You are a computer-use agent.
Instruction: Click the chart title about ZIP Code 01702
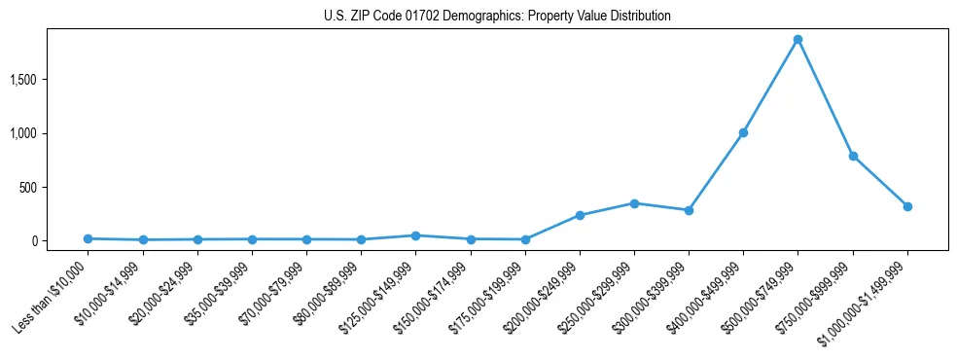click(x=497, y=17)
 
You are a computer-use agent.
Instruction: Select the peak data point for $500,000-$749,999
click(x=797, y=40)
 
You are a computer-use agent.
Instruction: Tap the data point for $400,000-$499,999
click(x=743, y=132)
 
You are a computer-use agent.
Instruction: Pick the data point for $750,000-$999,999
click(x=853, y=156)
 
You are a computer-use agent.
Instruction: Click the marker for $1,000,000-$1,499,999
click(x=907, y=206)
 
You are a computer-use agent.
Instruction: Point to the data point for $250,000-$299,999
click(x=634, y=203)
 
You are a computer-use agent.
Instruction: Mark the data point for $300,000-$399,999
click(x=689, y=210)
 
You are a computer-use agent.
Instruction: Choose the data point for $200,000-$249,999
click(x=580, y=215)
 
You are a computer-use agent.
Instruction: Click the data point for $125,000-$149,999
click(x=415, y=235)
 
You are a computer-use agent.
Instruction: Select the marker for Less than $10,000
click(x=88, y=238)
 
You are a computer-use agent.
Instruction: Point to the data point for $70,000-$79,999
click(x=306, y=239)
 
